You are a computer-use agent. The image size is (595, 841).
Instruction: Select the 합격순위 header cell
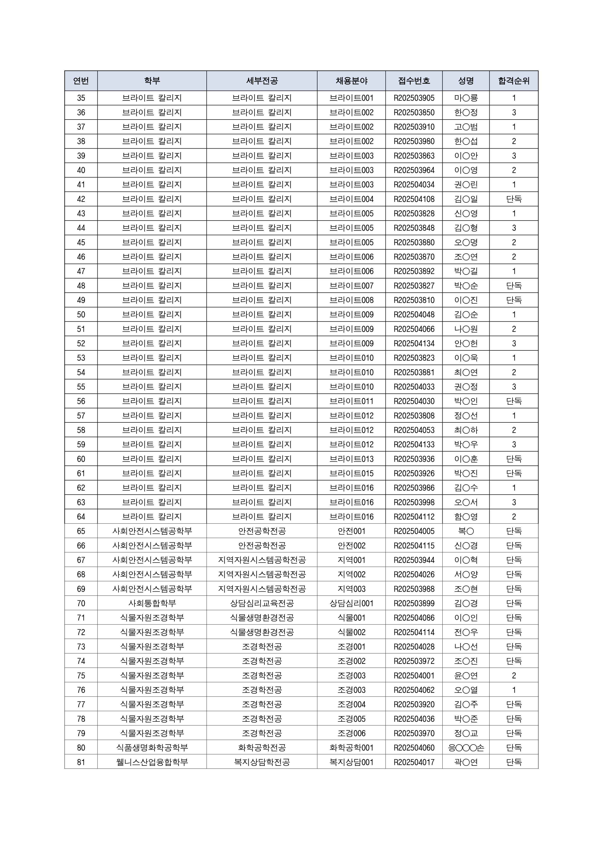click(x=513, y=81)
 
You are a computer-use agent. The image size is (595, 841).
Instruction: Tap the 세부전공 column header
click(x=262, y=81)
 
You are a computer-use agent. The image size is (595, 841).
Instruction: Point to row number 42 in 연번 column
click(x=81, y=199)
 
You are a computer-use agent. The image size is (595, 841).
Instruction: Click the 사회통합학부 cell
click(x=152, y=603)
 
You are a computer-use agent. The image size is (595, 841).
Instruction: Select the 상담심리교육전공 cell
click(x=262, y=603)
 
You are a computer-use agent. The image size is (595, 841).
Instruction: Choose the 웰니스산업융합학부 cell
click(x=152, y=762)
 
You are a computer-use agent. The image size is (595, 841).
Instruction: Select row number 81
click(x=81, y=762)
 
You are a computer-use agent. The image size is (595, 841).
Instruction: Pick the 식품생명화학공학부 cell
click(x=152, y=748)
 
